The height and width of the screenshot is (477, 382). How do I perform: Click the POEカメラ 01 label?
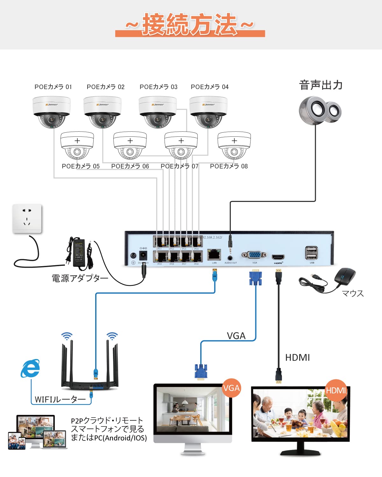(53, 87)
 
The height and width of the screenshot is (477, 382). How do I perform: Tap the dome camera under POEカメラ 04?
(208, 112)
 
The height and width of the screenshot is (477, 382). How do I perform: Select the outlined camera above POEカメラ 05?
(77, 145)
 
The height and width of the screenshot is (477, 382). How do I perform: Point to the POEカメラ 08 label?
(229, 166)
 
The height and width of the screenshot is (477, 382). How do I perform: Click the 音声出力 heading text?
(321, 85)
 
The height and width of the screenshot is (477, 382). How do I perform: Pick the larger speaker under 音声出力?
(313, 110)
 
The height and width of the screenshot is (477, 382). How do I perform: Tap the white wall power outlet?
(27, 218)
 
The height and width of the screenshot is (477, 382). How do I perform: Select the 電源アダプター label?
(80, 278)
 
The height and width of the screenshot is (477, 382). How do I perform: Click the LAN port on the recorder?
(214, 254)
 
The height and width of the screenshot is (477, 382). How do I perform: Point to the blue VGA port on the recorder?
(254, 255)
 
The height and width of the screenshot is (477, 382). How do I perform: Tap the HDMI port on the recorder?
(278, 257)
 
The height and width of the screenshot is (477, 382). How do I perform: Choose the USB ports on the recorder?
(312, 253)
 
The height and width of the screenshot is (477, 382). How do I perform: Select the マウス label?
(353, 293)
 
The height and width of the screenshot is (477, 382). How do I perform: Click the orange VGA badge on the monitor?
(231, 388)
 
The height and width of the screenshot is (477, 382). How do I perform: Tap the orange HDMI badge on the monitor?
(336, 390)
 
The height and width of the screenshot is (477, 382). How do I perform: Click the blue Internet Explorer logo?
(31, 369)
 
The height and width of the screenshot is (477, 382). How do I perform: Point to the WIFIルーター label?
(60, 399)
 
